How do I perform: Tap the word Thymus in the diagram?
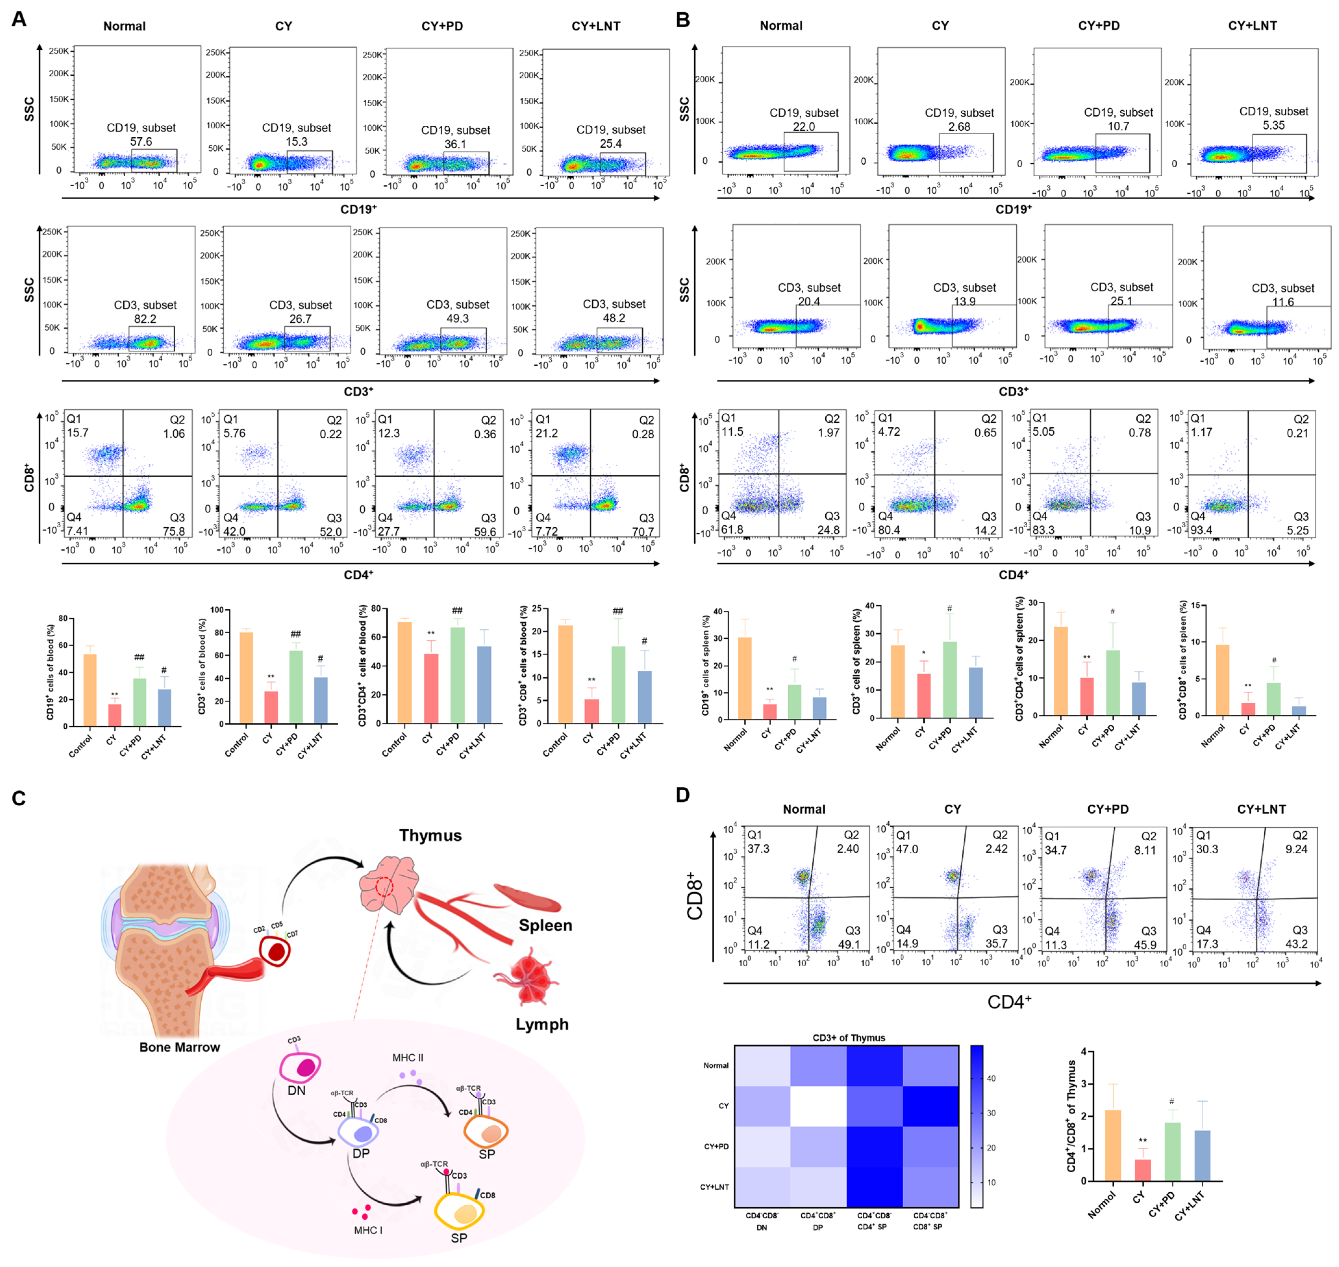click(430, 835)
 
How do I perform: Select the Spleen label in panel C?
click(545, 925)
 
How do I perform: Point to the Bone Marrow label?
click(180, 1047)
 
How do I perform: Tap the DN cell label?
click(296, 1090)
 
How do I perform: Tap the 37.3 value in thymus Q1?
click(758, 849)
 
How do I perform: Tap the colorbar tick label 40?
click(991, 1079)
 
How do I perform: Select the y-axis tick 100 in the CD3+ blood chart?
click(216, 610)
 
